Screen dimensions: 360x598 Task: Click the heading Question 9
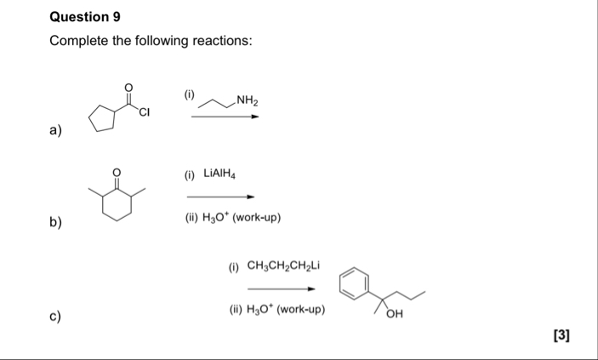point(80,17)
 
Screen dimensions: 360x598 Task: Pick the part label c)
point(56,317)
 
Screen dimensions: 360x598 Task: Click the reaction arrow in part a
point(224,117)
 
